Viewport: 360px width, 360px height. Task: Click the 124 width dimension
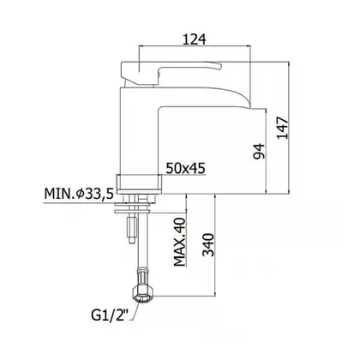pos(195,39)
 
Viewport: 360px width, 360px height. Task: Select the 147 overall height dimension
pos(283,128)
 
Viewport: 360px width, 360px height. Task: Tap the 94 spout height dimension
pos(260,151)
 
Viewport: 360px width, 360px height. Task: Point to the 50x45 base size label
pos(186,168)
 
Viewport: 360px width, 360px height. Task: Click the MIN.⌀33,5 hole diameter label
pos(79,194)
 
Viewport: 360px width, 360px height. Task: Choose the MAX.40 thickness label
pos(180,243)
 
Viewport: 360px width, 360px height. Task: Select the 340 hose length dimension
pos(208,245)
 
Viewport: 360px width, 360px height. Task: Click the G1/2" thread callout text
pos(110,315)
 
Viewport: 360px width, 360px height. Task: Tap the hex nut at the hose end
pos(143,295)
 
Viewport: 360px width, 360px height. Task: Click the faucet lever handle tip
pos(219,66)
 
